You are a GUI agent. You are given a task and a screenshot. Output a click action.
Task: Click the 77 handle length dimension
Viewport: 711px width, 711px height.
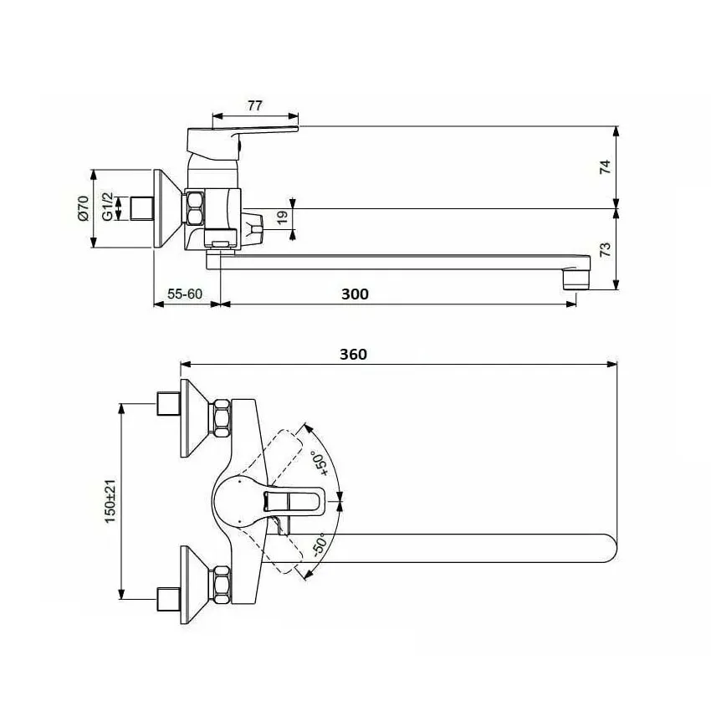coord(255,105)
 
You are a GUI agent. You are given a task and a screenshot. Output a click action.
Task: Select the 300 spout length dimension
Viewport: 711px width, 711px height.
coord(355,294)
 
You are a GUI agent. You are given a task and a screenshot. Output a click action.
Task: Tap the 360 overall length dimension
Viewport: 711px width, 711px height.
coord(353,354)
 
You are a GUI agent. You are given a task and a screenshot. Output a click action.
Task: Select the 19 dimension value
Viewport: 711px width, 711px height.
coord(282,216)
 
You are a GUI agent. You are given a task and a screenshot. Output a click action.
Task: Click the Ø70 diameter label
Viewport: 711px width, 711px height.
coord(82,208)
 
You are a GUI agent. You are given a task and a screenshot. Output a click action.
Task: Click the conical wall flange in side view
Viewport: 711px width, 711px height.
coord(167,209)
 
